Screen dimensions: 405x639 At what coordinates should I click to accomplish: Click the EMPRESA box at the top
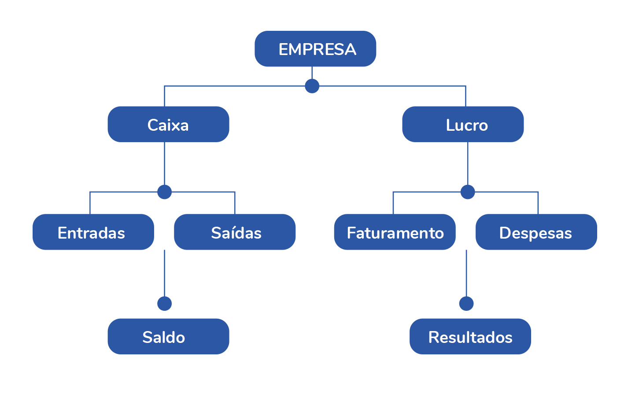[x=315, y=49]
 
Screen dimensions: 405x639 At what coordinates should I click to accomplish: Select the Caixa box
[x=168, y=124]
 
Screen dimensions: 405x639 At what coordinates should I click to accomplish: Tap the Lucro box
[x=463, y=124]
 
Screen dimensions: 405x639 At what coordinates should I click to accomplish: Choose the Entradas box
[x=93, y=232]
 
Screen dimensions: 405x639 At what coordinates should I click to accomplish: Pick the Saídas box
[x=235, y=232]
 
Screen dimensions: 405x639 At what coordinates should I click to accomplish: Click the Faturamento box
[x=395, y=232]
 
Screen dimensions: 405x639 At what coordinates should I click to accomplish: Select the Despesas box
[x=536, y=232]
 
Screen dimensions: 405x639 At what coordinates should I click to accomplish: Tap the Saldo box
[x=168, y=336]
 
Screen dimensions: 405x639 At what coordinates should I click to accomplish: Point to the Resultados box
[x=470, y=336]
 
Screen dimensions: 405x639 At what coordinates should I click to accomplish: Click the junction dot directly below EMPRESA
[x=312, y=86]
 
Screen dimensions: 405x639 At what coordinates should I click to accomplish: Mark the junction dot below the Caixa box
[x=164, y=192]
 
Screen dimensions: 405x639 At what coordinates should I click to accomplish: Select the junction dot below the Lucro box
[x=467, y=192]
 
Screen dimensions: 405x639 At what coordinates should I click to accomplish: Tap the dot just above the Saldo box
[x=164, y=303]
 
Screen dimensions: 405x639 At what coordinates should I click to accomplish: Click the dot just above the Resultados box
[x=466, y=303]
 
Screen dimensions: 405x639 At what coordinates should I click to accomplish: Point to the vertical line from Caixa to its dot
[x=164, y=163]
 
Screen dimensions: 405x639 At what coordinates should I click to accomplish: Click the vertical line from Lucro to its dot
[x=467, y=163]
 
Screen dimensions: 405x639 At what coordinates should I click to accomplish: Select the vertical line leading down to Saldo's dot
[x=164, y=273]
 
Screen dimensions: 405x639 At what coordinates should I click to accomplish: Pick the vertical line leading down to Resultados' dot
[x=466, y=273]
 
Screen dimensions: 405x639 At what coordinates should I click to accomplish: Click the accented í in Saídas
[x=235, y=232]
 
